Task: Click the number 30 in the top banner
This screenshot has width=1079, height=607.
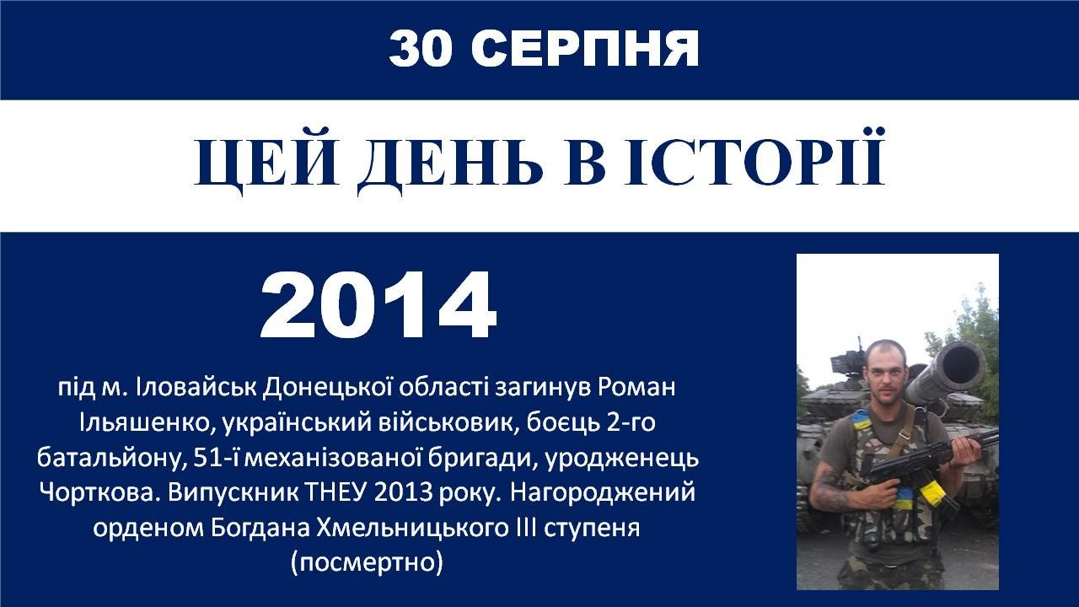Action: click(421, 49)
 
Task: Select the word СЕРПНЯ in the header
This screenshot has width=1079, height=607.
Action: click(585, 49)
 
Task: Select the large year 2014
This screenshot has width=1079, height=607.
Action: click(378, 305)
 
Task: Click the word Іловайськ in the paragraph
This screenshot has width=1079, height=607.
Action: click(196, 387)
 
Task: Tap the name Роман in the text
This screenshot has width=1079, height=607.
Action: click(636, 387)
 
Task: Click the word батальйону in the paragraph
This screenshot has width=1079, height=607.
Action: click(110, 458)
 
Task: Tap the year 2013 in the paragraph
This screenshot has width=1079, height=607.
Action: click(403, 492)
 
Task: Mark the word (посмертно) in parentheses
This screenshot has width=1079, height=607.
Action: click(367, 562)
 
